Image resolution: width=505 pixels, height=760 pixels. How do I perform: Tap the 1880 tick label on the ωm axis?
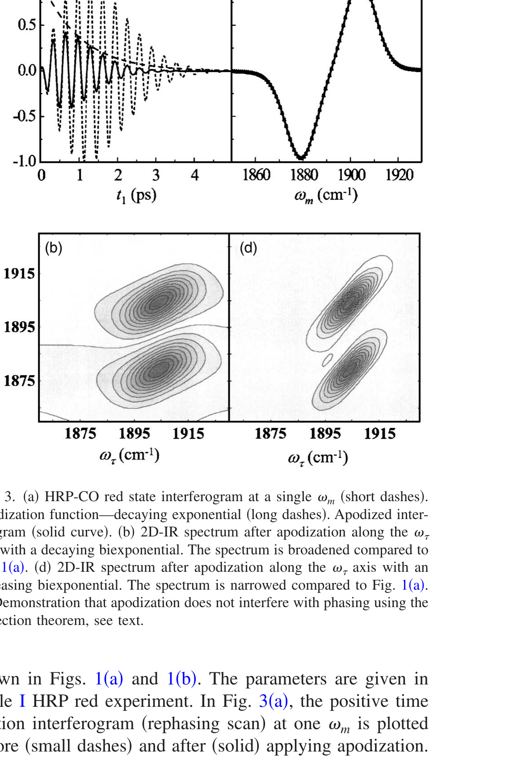tap(304, 175)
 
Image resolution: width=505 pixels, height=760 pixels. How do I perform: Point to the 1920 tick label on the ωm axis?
tap(399, 175)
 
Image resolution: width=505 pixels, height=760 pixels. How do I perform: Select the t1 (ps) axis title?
tap(136, 195)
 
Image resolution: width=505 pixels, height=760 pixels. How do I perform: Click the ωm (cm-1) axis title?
tap(326, 195)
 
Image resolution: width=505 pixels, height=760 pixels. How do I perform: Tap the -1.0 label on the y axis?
tap(24, 161)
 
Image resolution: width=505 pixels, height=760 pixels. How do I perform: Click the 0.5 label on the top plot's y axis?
tap(27, 25)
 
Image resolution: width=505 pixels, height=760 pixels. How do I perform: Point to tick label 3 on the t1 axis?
tap(156, 175)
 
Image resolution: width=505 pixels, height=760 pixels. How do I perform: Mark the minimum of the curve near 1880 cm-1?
tap(302, 157)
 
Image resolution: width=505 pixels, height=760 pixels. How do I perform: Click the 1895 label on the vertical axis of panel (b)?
tap(19, 327)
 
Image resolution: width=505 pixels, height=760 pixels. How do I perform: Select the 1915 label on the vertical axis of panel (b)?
tap(19, 274)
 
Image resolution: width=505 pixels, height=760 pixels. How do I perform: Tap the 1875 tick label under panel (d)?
tap(270, 434)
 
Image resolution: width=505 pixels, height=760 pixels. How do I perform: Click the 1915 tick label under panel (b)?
tap(188, 434)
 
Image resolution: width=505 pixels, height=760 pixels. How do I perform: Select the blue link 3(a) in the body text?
tap(274, 701)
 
